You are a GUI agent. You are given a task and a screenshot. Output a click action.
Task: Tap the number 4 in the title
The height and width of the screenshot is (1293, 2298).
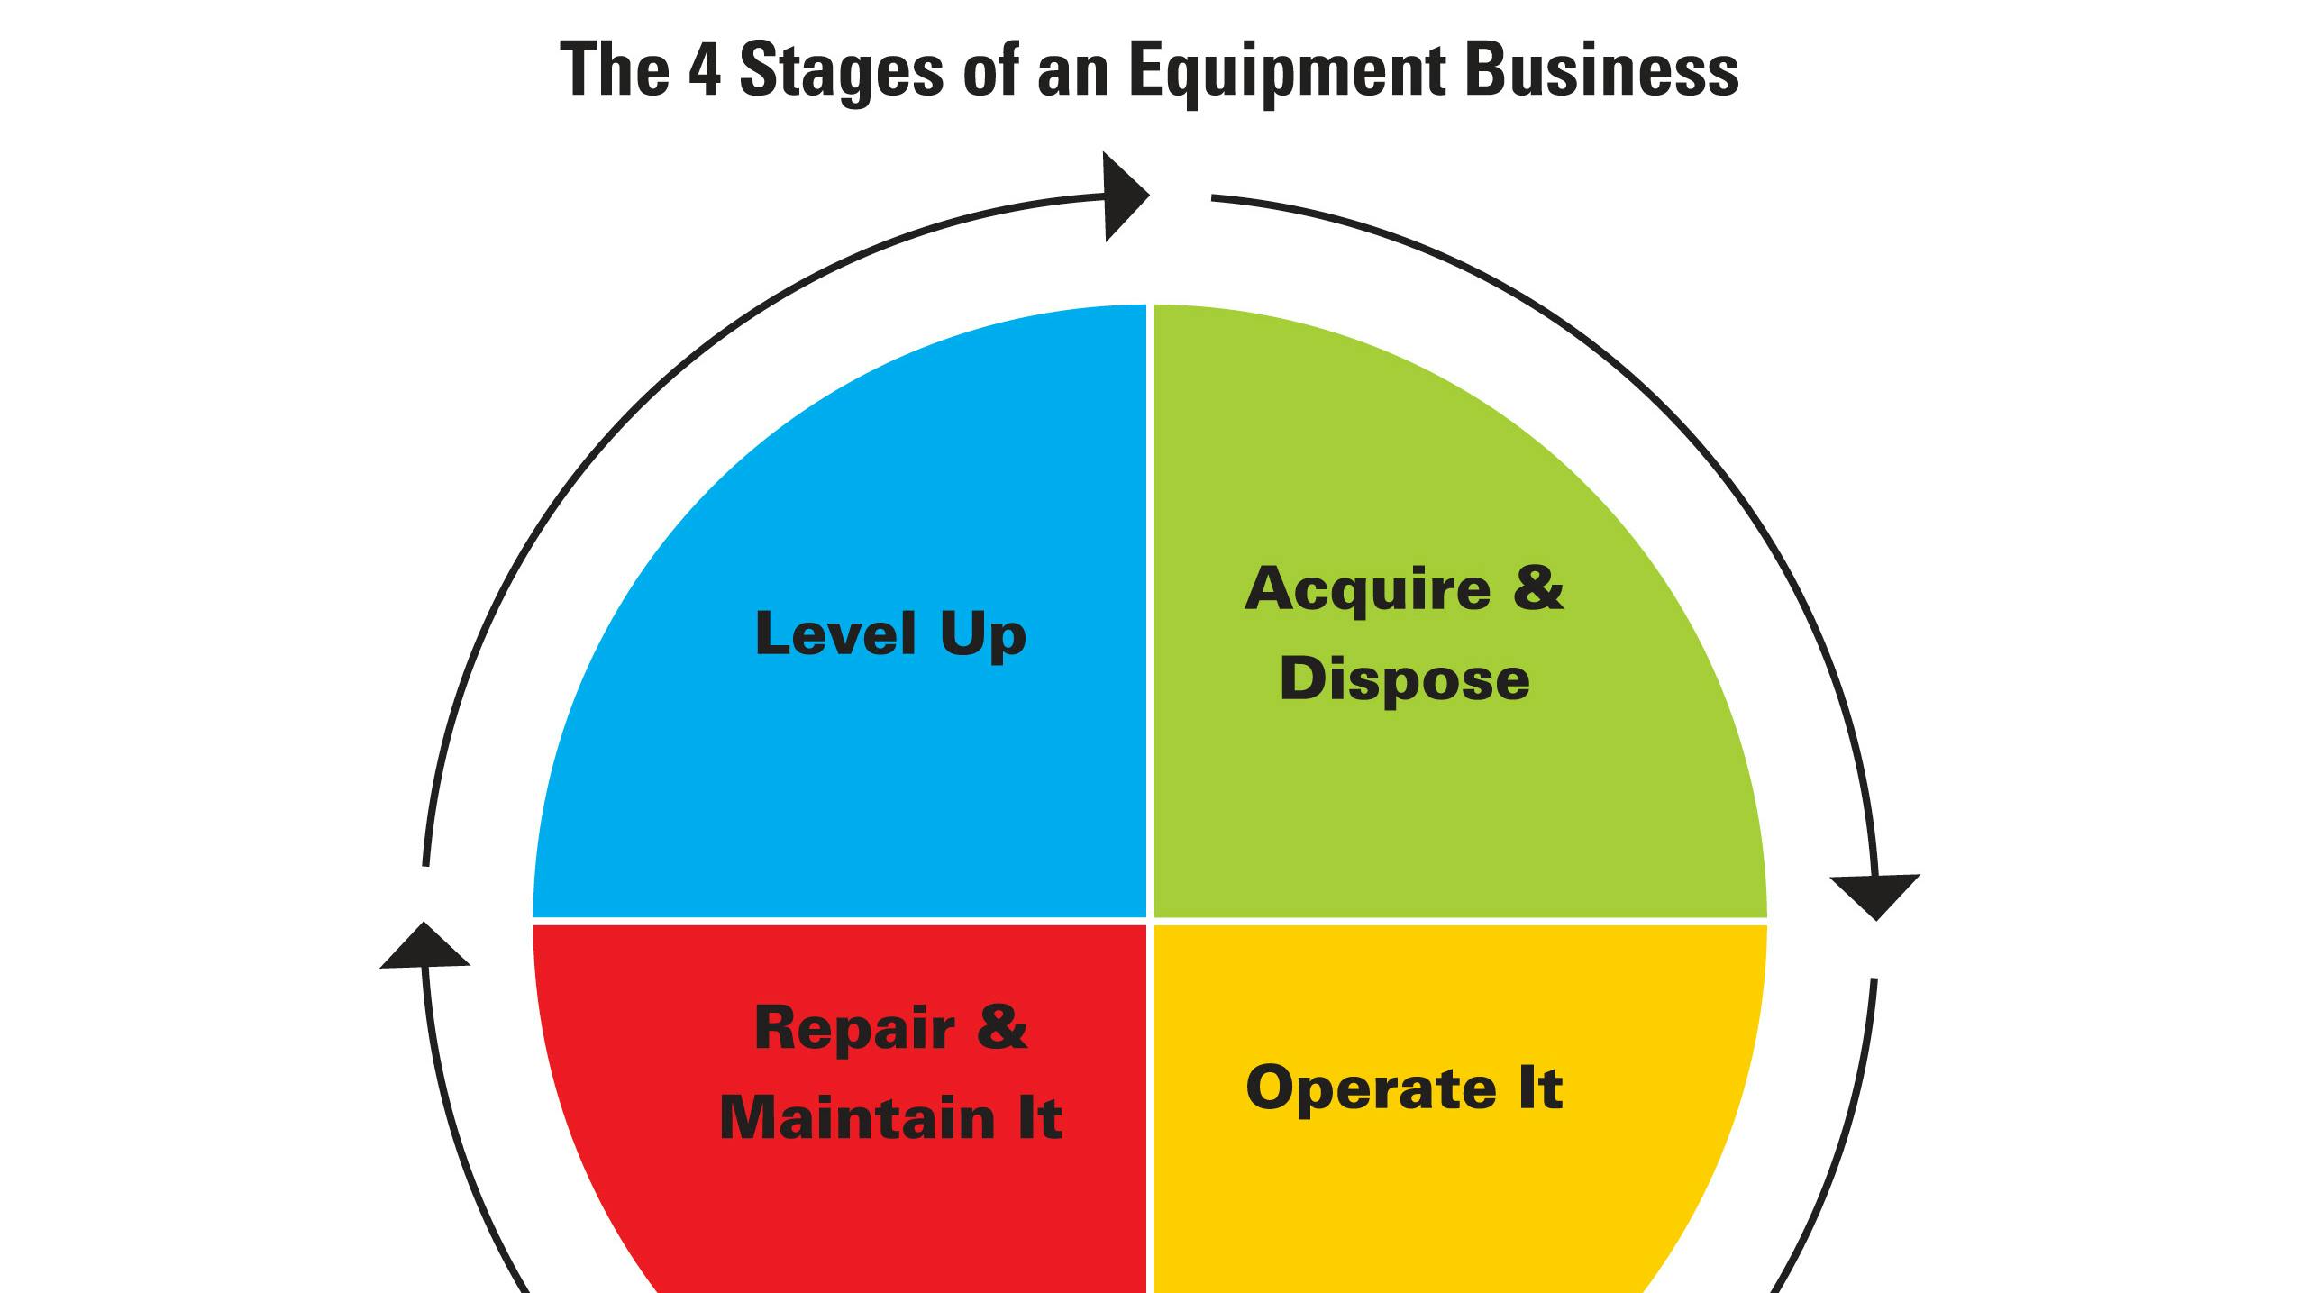coord(705,70)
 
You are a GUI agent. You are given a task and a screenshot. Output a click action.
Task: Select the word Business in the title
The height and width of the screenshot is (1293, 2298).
coord(1601,70)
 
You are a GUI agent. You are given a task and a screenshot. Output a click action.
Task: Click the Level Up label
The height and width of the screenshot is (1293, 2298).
coord(890,633)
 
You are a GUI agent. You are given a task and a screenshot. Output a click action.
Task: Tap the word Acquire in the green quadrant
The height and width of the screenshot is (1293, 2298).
coord(1366,590)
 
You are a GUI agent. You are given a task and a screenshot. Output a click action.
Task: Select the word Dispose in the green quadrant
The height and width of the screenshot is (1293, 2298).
coord(1404,680)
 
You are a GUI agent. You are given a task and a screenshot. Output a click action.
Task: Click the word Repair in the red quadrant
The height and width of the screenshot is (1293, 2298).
coord(853,1029)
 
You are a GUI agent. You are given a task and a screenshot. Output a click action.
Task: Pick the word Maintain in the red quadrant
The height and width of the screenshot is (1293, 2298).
coord(857,1118)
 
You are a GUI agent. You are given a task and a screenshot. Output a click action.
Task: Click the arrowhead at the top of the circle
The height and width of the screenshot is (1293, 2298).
coord(1123,196)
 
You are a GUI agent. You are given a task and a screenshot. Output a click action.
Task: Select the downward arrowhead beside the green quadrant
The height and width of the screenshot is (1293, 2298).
coord(1875,894)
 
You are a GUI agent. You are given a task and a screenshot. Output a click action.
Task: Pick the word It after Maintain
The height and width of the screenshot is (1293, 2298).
coord(1039,1118)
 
